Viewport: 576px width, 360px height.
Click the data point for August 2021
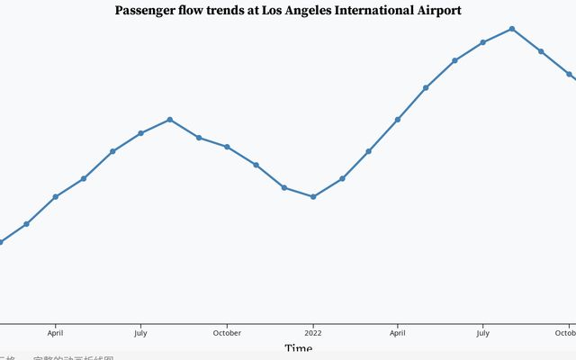coord(170,120)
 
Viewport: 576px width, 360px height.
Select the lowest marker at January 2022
coord(313,196)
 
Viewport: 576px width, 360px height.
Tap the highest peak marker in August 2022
coord(512,29)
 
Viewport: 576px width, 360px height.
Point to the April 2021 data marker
coord(56,196)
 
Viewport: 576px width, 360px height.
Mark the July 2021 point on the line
coord(140,133)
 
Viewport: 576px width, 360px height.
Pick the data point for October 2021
coord(227,147)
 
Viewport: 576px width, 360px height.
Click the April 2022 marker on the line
coord(398,120)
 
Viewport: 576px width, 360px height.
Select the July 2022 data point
coord(483,42)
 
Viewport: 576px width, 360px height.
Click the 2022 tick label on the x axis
coord(313,333)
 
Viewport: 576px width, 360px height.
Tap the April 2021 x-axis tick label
coord(56,333)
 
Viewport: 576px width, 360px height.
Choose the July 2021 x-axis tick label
coord(140,333)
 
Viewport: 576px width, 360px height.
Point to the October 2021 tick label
coord(227,333)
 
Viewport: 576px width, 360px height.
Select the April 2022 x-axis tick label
coord(398,333)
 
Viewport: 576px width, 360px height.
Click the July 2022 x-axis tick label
coord(483,333)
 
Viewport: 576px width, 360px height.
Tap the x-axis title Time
coord(299,348)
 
